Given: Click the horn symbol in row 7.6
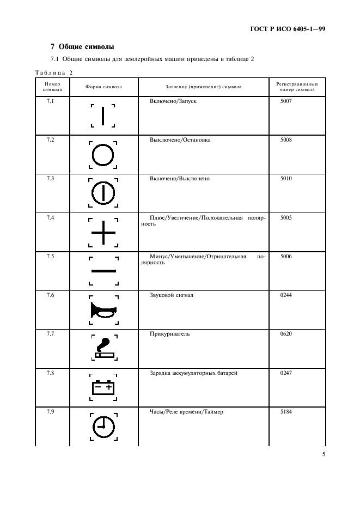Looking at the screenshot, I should (102, 311).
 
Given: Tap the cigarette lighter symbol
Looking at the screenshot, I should (103, 349).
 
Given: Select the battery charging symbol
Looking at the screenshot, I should (103, 387).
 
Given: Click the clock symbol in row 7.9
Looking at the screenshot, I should (103, 427).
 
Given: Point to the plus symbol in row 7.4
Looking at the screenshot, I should (103, 233).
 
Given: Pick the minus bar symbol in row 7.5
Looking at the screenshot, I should (103, 271).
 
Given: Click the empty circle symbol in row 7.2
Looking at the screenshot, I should (103, 155).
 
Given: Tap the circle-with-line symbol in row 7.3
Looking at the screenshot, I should (103, 193).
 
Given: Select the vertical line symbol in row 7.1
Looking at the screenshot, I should (103, 116).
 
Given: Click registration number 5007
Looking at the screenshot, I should (286, 101).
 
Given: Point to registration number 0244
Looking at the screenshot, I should (286, 295).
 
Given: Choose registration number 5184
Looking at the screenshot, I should (286, 412).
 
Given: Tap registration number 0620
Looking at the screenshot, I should (286, 334).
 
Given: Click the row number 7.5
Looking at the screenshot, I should (50, 256).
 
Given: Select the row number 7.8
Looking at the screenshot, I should (50, 373).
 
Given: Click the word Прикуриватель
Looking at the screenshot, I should (169, 334).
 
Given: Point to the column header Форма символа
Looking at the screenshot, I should (103, 87).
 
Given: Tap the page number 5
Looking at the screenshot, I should (323, 452).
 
